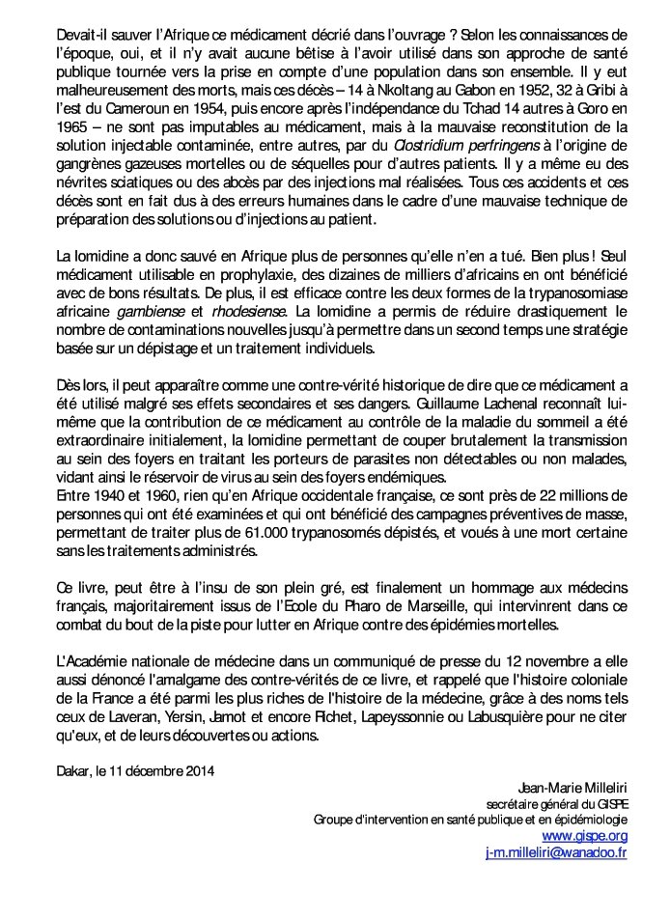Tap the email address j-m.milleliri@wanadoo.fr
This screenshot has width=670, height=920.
pyautogui.click(x=556, y=852)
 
